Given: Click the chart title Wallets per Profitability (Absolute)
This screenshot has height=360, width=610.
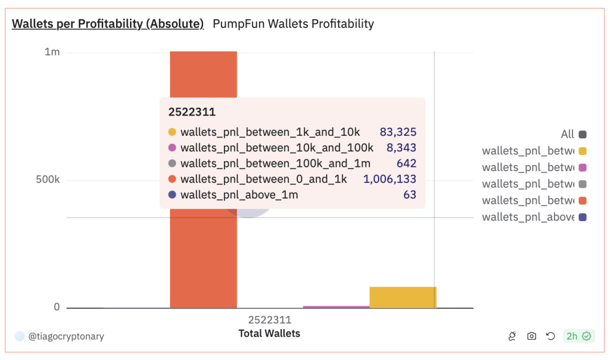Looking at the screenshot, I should click(x=108, y=24).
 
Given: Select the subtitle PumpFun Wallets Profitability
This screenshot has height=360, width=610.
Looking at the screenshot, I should click(x=293, y=24).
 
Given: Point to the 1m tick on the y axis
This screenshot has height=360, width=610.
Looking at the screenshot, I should click(x=52, y=52).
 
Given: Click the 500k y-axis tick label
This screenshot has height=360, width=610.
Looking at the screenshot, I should click(x=48, y=180).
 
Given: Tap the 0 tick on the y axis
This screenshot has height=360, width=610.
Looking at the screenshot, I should click(x=57, y=307).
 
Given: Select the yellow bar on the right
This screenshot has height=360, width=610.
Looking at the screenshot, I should click(x=403, y=297).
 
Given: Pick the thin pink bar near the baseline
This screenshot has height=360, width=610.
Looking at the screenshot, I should click(x=336, y=307).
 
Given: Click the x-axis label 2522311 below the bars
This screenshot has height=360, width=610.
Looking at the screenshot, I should click(x=269, y=320).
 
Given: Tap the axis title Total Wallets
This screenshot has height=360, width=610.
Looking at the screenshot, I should click(x=269, y=333).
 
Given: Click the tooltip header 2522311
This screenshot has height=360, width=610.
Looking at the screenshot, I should click(x=192, y=112).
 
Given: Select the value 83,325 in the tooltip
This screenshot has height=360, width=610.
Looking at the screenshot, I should click(x=398, y=132).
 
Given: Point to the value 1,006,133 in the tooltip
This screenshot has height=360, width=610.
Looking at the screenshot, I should click(x=390, y=179).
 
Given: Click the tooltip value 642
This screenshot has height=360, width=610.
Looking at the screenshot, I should click(x=406, y=163).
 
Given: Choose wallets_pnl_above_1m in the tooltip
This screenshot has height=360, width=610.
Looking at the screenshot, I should click(x=239, y=195).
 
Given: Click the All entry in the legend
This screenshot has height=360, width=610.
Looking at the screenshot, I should click(x=567, y=135).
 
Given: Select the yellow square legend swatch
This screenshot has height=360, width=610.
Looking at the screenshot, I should click(x=583, y=151).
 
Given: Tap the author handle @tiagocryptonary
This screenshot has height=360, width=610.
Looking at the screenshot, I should click(x=66, y=336).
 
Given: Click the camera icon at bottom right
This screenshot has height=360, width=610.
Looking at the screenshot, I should click(x=531, y=336).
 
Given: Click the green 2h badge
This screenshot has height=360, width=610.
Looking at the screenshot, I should click(x=578, y=336).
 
